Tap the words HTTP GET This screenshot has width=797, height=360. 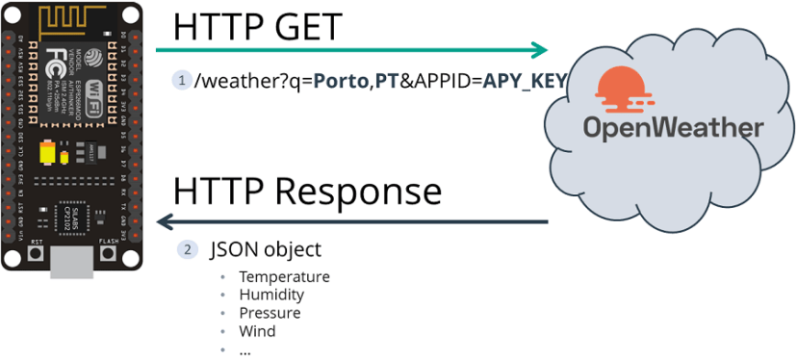tap(257, 25)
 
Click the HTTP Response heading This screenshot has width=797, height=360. tap(307, 190)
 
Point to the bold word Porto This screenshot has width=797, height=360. tap(342, 80)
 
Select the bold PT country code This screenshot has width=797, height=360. tap(387, 80)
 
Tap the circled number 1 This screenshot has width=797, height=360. tap(180, 80)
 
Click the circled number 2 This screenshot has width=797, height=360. tap(187, 249)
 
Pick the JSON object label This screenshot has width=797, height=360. tap(266, 249)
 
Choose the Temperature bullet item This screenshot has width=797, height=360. tap(284, 277)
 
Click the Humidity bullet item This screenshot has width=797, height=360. tap(271, 295)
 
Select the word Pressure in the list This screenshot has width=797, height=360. tap(270, 313)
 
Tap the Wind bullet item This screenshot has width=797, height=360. tap(257, 331)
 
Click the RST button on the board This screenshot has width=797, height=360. tap(37, 254)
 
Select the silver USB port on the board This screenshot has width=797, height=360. tap(72, 258)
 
